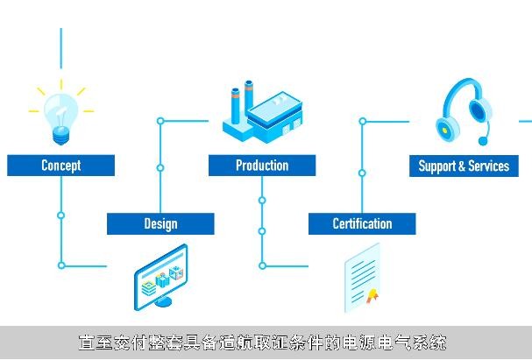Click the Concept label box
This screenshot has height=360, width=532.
pos(61,166)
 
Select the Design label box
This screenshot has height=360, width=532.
pos(160,223)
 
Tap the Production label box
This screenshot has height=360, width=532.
pos(262,166)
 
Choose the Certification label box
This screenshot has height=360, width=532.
pos(362,223)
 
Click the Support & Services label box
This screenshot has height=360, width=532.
pos(464,166)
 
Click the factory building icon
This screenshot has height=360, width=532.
pos(262,112)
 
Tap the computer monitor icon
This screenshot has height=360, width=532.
pos(160,277)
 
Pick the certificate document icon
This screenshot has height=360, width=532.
pos(362,278)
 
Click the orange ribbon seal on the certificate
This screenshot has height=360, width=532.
pos(372,295)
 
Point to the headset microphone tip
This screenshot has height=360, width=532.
pos(482,140)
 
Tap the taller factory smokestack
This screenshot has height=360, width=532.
pos(249,95)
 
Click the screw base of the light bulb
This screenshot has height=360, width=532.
pos(61,136)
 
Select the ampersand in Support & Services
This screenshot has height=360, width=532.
pos(461,166)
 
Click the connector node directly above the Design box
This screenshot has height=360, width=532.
pos(160,168)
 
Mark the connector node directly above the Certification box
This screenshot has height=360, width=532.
pos(362,173)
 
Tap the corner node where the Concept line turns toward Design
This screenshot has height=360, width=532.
pos(61,265)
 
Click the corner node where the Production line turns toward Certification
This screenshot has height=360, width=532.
pos(262,265)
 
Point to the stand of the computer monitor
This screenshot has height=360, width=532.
pos(163,301)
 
